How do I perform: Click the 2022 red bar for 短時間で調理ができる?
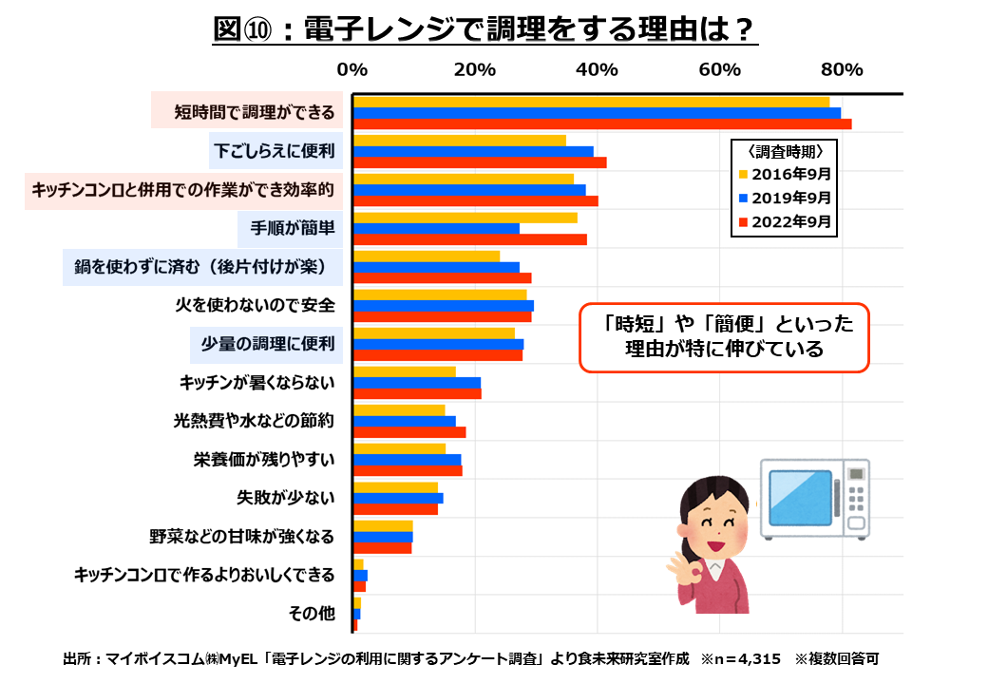pos(601,124)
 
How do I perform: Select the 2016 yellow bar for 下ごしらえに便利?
pos(459,141)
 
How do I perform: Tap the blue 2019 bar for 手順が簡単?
pos(436,228)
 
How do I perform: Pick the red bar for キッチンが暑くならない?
pos(417,393)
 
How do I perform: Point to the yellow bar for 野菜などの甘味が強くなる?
pos(383,525)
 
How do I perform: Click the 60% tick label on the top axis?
pos(719,70)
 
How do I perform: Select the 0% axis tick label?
pos(352,70)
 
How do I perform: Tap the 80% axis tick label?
pos(841,70)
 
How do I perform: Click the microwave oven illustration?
pos(814,498)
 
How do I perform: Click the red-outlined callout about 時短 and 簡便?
pos(724,336)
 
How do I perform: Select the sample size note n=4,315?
pos(741,657)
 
